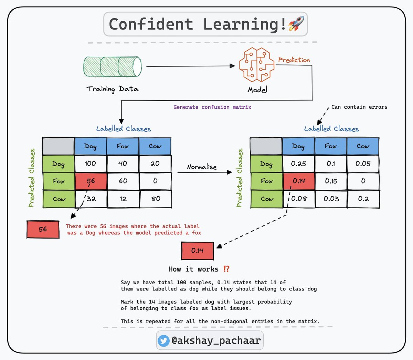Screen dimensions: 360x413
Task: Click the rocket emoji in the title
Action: (296, 24)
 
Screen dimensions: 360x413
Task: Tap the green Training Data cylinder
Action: (113, 66)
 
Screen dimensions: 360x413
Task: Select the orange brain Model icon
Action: (257, 65)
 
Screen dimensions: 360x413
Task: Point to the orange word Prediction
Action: (294, 60)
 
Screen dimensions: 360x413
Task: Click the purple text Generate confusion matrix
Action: (212, 107)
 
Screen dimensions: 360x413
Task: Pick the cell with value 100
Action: (91, 163)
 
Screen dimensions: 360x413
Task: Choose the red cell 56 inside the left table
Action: (91, 181)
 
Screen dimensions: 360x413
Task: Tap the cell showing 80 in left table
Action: (155, 199)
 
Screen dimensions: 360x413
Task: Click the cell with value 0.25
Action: (298, 163)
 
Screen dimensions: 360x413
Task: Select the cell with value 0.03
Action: (331, 199)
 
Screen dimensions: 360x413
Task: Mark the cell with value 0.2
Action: (363, 199)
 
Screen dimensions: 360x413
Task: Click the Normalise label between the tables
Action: (202, 167)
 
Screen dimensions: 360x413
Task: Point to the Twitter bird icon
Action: (163, 341)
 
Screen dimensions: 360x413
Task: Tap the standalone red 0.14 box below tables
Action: (197, 251)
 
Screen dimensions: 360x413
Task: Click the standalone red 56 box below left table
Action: (43, 229)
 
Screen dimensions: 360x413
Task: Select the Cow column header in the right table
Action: (363, 146)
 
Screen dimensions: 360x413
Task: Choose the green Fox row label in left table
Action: (59, 181)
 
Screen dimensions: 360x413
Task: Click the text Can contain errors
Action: (359, 107)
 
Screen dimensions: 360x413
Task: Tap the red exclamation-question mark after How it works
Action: (226, 269)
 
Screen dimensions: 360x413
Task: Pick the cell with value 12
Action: (123, 199)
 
